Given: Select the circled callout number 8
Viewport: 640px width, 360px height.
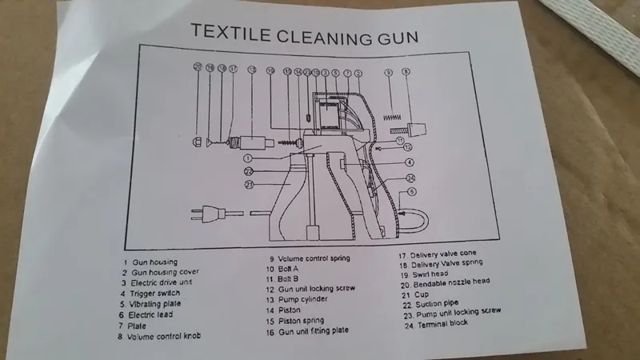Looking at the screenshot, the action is point(406,72).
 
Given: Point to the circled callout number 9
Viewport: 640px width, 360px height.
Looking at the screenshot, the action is point(388,72).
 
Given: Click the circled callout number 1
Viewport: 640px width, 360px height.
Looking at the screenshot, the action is point(248,158).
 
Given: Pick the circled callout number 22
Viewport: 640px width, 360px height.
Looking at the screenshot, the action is point(248,171).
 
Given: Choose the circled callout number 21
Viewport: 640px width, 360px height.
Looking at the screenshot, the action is point(248,185).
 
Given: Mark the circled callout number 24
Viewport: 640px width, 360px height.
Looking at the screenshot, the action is point(410,178).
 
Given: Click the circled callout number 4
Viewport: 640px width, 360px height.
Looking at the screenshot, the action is point(409,162).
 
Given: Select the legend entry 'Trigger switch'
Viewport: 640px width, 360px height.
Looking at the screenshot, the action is point(159,294).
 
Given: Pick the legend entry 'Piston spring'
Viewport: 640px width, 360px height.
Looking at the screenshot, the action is point(304,321).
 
